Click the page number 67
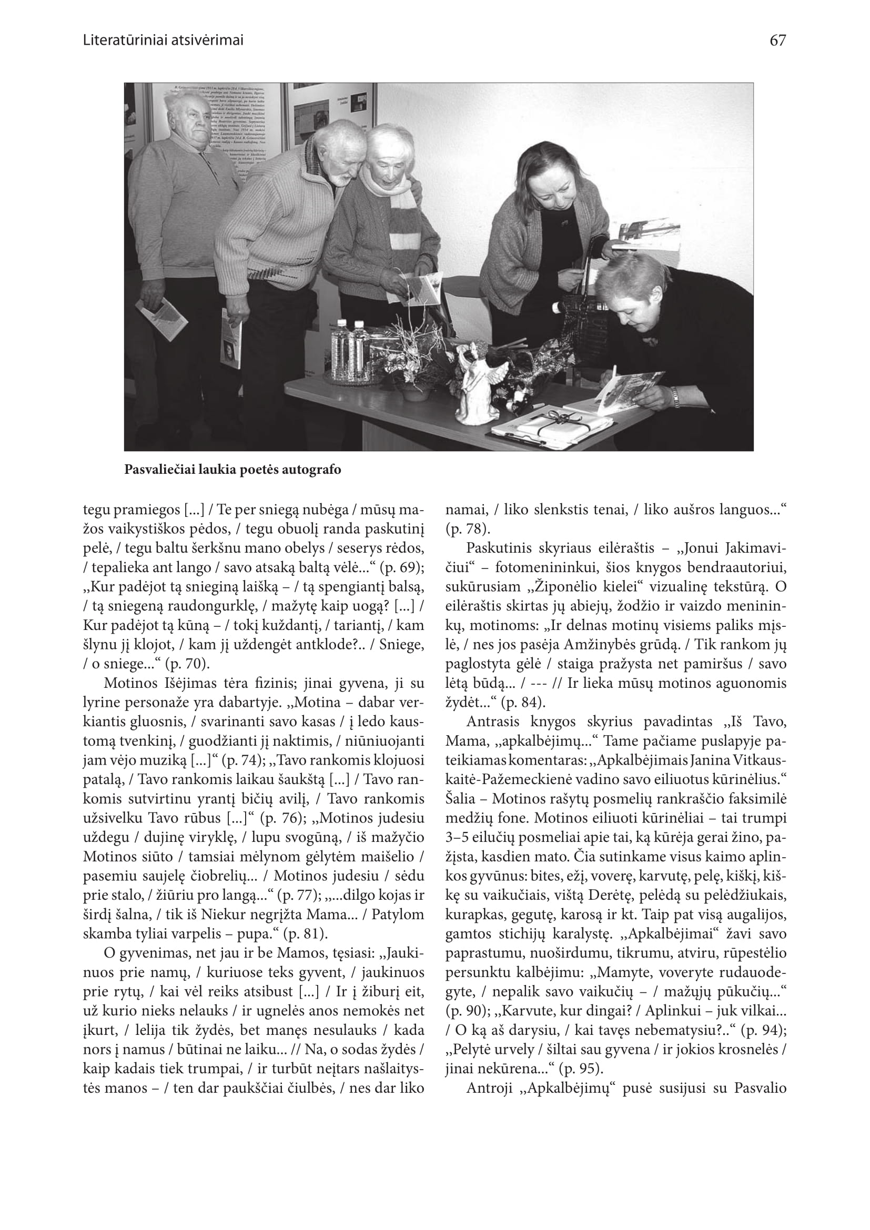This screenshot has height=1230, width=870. [777, 40]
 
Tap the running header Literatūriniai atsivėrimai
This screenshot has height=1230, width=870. [164, 40]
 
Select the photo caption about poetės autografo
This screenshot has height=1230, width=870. [232, 470]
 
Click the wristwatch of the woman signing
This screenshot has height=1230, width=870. [675, 397]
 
